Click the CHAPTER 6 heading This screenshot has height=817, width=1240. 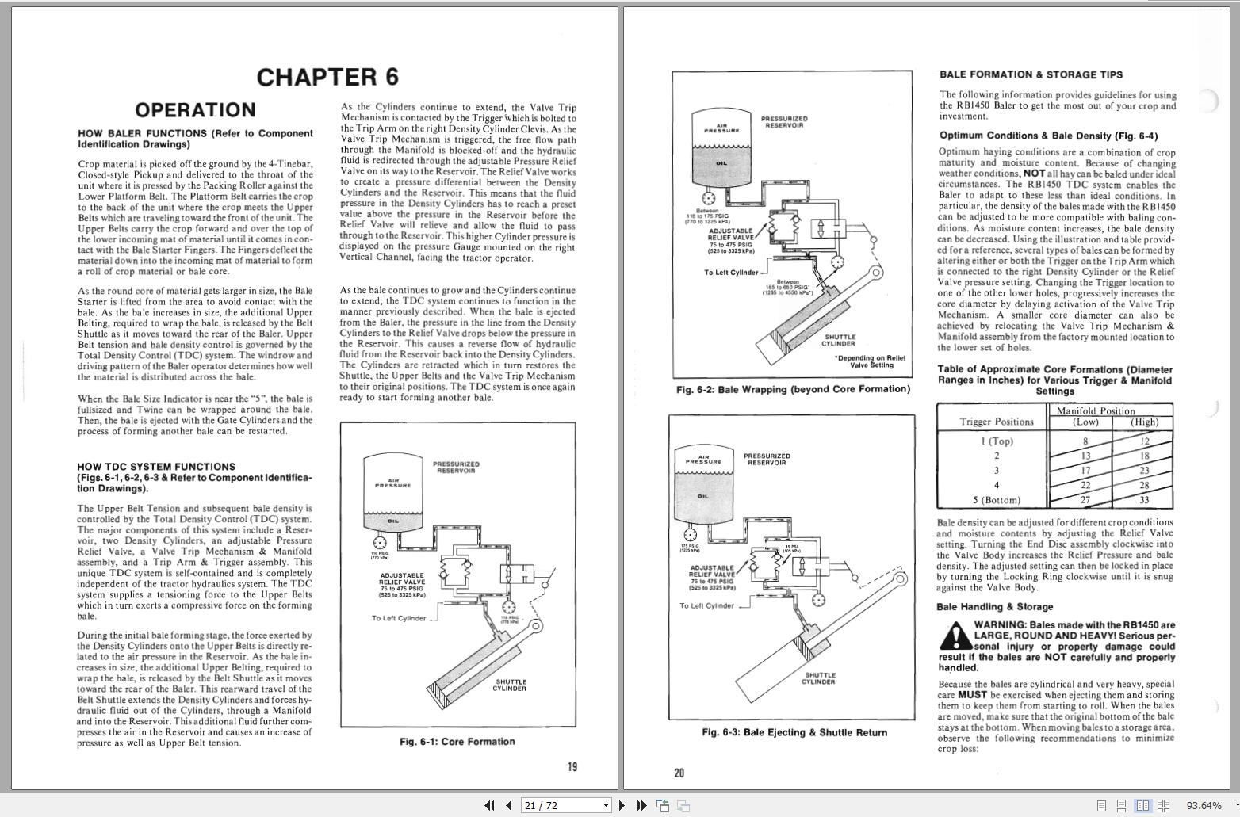point(327,77)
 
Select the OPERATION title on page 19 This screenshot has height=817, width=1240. point(195,110)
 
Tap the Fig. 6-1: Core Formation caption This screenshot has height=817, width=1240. point(457,742)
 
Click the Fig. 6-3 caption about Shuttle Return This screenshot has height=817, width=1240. point(794,732)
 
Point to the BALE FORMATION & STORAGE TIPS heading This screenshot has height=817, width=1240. point(1031,74)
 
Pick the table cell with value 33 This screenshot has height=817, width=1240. point(1144,500)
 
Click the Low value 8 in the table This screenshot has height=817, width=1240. point(1085,441)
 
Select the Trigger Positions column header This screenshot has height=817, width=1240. point(997,422)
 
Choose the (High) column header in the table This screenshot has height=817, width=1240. point(1144,422)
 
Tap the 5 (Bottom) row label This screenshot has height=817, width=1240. point(997,500)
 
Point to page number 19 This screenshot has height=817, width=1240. point(572,766)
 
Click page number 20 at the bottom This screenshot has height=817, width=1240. point(679,773)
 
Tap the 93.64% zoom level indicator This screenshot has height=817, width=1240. point(1204,805)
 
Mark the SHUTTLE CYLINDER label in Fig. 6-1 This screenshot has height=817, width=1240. point(509,685)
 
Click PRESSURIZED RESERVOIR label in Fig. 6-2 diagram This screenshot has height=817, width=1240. point(784,122)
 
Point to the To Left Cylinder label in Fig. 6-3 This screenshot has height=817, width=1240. point(706,605)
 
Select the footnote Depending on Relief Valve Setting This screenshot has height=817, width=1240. point(870,361)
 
